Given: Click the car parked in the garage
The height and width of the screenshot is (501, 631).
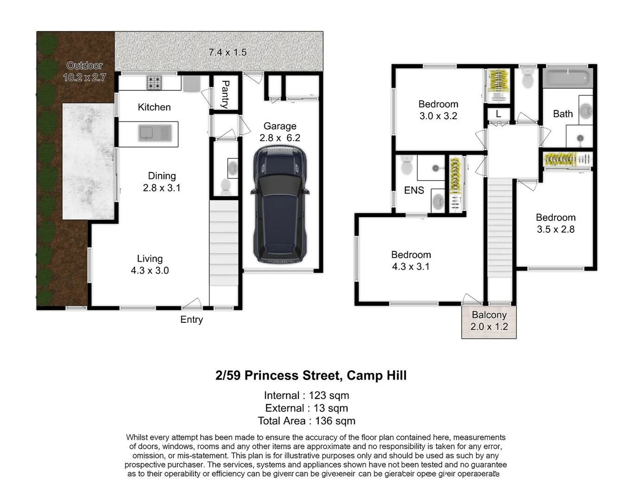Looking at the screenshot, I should coord(280,204).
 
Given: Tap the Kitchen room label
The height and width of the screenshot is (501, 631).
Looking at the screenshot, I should coord(154,107).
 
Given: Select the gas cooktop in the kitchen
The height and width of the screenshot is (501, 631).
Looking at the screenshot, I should coord(155,83).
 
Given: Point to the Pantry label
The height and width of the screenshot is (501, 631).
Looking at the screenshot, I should coord(225,95).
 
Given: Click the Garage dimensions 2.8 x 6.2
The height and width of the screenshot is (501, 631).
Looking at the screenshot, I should coord(280,138).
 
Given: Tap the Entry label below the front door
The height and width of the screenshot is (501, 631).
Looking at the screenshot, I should coord(192,320).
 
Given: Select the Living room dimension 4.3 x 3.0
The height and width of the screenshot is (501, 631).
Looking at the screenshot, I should coord(149,270).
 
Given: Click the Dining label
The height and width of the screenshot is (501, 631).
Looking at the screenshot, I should coord(161,176).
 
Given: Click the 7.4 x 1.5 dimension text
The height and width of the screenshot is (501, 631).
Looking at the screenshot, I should coord(227,52).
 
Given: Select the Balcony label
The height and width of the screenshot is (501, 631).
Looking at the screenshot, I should coord(489,315).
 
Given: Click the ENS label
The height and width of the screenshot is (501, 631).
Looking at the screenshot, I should coord(414,190).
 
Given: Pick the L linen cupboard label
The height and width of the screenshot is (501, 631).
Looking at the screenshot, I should coord(498,114).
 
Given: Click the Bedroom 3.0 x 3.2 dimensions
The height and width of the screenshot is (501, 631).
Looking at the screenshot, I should coord(438,116).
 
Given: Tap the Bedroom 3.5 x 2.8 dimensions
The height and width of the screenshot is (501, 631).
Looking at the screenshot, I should coord(555,229).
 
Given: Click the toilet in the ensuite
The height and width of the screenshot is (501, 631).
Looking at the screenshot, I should coord(406,165).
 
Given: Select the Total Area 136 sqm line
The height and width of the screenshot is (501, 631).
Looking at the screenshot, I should coord(307,421).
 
